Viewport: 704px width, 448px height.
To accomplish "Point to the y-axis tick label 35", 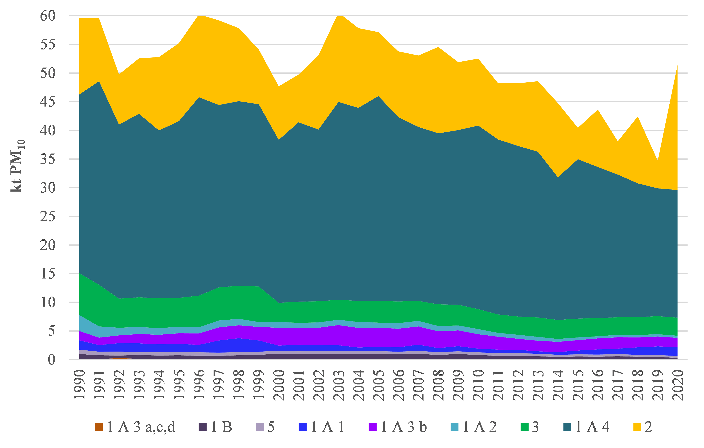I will click(48, 159).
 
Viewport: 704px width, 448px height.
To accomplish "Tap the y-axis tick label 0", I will click(52, 360).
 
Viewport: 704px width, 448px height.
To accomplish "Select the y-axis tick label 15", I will click(48, 274).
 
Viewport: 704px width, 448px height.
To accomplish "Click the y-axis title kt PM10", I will click(17, 166).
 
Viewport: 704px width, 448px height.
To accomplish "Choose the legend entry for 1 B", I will click(215, 427).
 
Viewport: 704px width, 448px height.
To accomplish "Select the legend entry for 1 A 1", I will click(321, 427).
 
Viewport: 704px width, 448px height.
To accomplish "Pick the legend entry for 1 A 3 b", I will click(398, 427).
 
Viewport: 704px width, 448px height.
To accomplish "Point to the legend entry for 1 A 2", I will click(474, 427).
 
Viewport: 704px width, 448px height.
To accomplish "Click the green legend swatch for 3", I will click(525, 427).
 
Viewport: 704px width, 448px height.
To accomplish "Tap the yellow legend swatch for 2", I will click(637, 427).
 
